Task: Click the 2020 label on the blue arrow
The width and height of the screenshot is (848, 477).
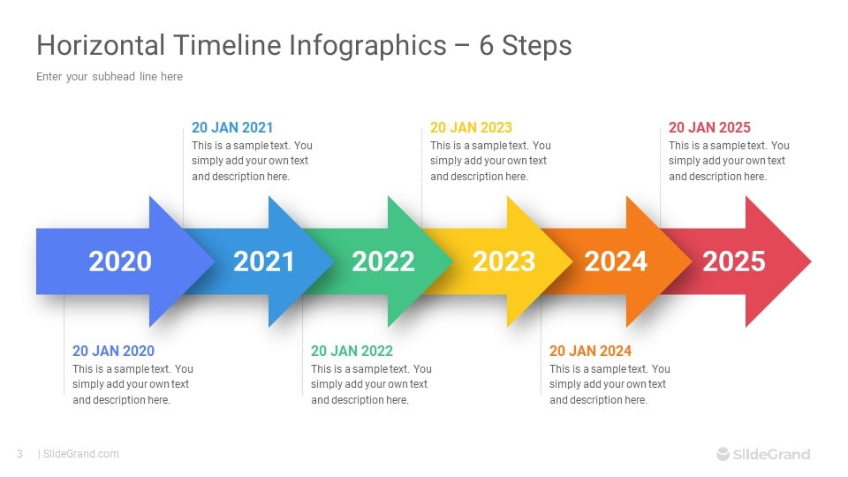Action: click(120, 261)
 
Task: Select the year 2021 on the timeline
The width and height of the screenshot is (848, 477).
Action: click(263, 261)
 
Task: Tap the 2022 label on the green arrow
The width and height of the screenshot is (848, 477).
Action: click(382, 261)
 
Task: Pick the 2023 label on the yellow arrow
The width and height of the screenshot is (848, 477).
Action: click(503, 261)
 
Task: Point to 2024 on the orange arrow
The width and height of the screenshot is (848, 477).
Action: click(616, 261)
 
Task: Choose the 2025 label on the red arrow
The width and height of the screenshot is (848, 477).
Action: click(734, 261)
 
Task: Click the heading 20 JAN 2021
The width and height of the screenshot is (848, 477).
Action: click(232, 127)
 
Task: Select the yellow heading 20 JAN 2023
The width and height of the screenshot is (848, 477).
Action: click(471, 127)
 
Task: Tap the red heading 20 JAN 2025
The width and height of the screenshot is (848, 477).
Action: click(709, 127)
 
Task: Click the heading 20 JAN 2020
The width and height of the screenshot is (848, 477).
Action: click(113, 351)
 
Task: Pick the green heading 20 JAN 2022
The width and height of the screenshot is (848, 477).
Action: click(352, 351)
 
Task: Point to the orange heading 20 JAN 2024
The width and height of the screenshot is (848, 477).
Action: click(590, 351)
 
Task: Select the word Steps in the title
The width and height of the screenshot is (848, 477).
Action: click(537, 45)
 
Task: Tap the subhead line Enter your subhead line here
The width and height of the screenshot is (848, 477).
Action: click(110, 77)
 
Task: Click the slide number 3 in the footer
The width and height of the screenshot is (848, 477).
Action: click(19, 454)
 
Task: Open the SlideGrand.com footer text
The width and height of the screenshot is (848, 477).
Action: click(80, 454)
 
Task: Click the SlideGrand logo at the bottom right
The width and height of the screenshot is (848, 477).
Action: click(762, 454)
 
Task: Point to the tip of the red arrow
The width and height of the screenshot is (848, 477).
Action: click(808, 261)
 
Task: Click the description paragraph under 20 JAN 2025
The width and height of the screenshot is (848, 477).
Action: click(729, 161)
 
